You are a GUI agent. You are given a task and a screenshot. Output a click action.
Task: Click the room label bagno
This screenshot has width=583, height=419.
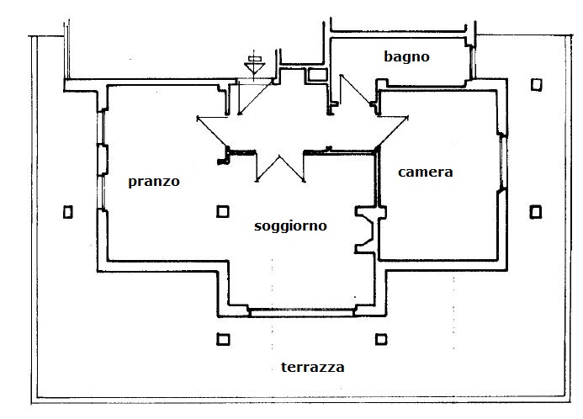[x=406, y=57]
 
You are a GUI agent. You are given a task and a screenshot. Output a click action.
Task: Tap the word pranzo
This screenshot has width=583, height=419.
[x=154, y=182]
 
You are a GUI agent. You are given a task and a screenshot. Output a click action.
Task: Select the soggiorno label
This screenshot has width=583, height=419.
[x=290, y=225]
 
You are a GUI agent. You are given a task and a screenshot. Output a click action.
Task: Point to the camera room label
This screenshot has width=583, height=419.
[x=425, y=172]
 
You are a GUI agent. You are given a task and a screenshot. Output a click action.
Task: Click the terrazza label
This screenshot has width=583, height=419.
[x=313, y=368]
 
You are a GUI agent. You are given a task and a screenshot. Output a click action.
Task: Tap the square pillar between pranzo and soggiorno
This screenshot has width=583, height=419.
[x=223, y=212]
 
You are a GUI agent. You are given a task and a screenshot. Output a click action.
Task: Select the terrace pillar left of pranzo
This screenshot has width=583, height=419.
[x=68, y=212]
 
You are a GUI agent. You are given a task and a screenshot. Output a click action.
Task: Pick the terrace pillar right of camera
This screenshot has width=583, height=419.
[x=535, y=210]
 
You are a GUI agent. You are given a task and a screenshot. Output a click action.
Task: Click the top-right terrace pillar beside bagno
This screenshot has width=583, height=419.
[x=536, y=84]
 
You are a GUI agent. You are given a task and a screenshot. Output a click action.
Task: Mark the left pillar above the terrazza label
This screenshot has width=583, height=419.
[x=223, y=340]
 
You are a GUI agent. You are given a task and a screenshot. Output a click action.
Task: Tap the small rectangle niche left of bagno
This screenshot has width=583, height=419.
[x=318, y=76]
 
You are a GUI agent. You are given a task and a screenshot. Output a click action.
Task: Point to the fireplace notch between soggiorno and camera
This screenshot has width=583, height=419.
[x=365, y=227]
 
